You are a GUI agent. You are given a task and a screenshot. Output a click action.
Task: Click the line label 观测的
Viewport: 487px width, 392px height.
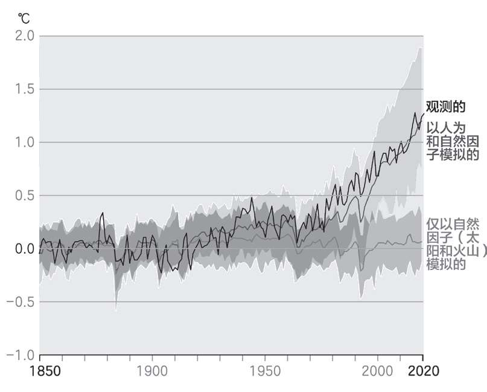[x=446, y=107]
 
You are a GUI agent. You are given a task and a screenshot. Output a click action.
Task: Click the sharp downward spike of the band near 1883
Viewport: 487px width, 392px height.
[x=115, y=309]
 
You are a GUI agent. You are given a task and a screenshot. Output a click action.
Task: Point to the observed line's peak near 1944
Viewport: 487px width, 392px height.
[x=252, y=198]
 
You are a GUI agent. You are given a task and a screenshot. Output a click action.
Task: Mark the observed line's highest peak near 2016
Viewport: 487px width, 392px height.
[x=415, y=113]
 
